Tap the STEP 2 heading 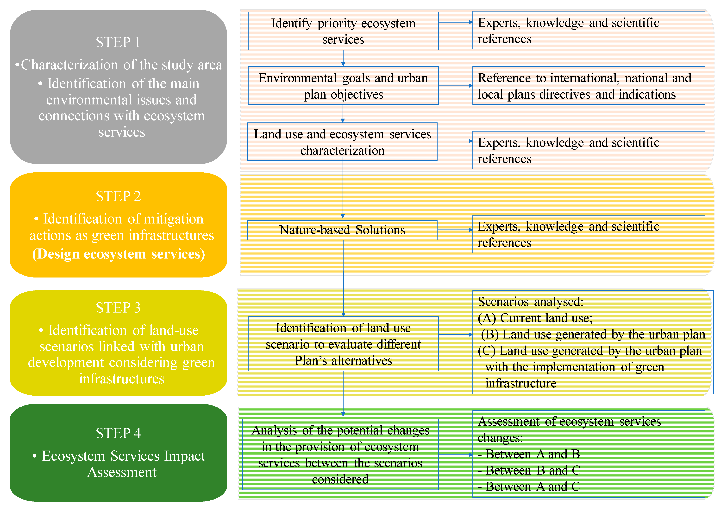tap(118, 196)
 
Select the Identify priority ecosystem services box tap(343, 31)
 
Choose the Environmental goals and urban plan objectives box tap(343, 86)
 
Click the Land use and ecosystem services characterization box tap(342, 142)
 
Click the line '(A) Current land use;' tap(535, 318)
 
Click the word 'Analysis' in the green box tap(274, 430)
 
